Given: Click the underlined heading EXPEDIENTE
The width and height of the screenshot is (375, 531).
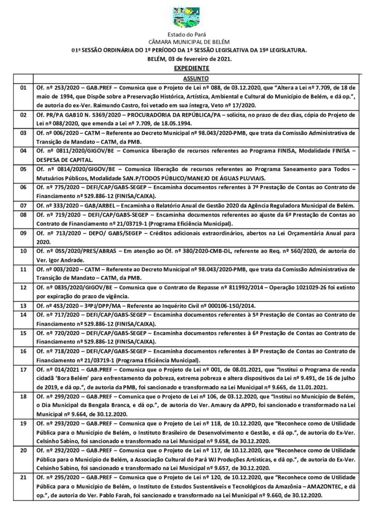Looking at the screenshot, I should [x=187, y=68].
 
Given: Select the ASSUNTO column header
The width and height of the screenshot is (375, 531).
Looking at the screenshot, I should [x=195, y=78].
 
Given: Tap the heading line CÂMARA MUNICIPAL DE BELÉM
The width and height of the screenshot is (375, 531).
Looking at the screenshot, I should [x=187, y=42].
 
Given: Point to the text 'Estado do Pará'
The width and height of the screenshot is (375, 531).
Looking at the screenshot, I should [x=187, y=34].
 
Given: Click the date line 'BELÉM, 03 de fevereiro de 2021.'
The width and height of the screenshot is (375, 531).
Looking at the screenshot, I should [x=187, y=59].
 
